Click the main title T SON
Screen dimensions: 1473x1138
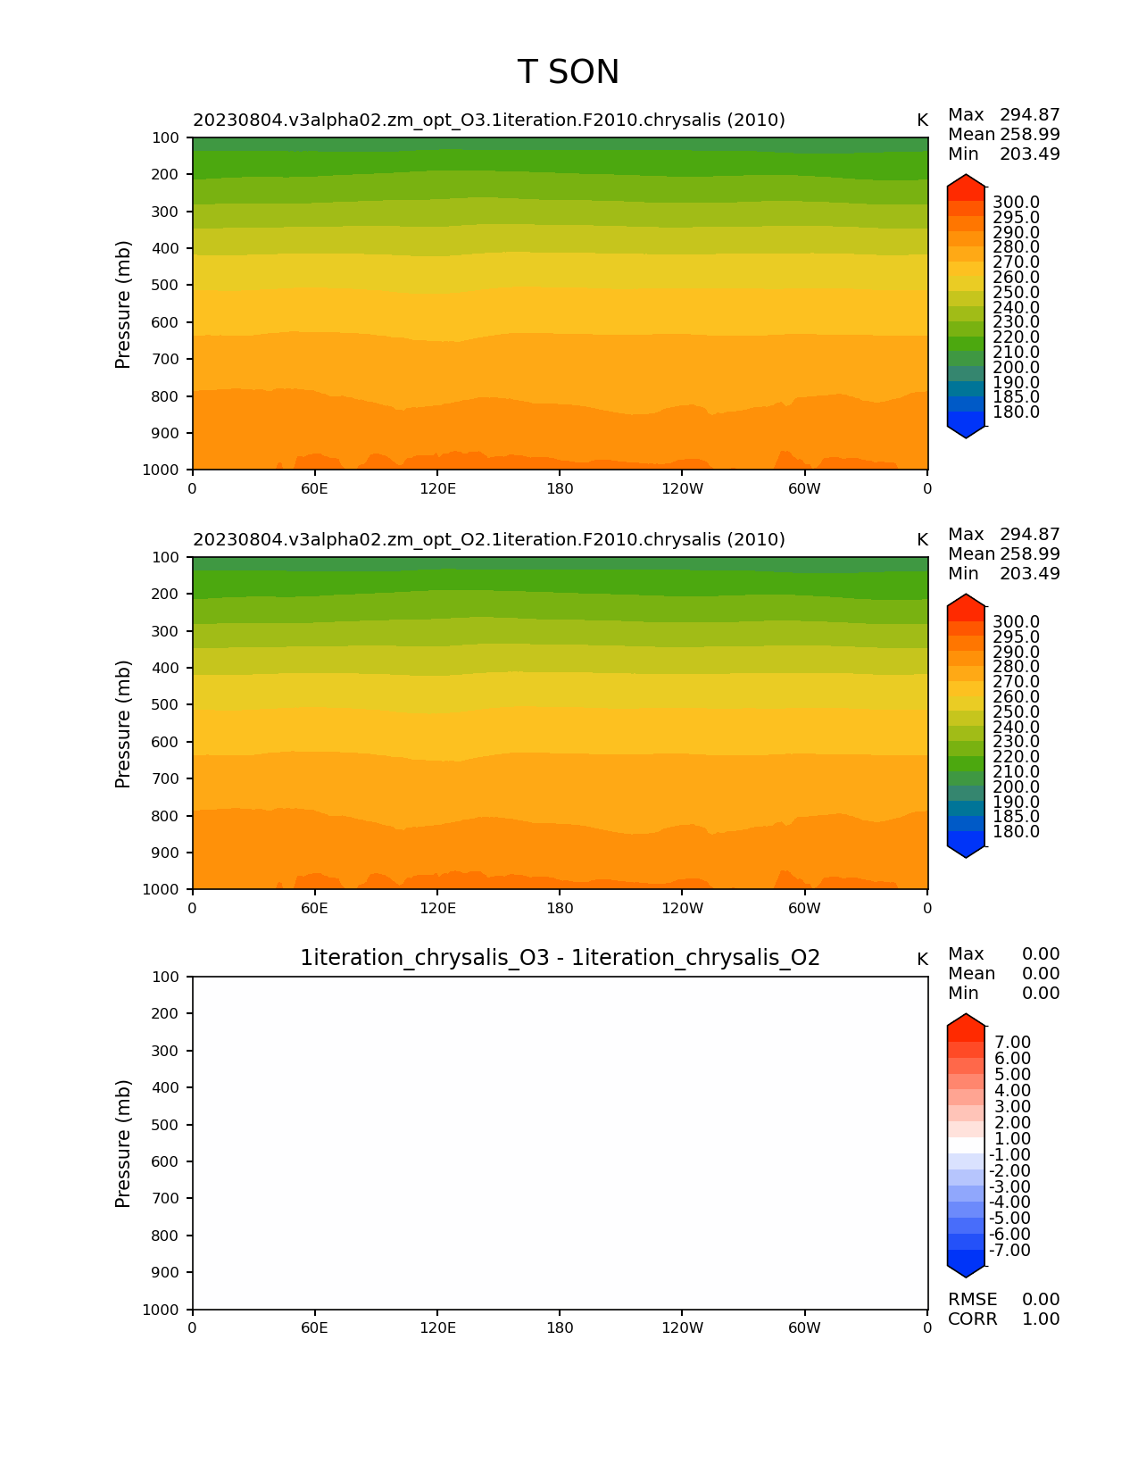tap(568, 72)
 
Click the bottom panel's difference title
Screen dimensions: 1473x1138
tap(560, 958)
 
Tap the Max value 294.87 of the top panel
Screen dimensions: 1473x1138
tap(1029, 115)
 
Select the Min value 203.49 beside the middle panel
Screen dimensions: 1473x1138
tap(1029, 573)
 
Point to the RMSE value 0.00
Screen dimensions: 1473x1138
tap(1041, 1299)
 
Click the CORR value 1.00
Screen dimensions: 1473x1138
tap(1041, 1319)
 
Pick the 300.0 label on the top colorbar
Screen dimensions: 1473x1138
tap(1016, 203)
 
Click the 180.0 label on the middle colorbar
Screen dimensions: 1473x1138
tap(1016, 832)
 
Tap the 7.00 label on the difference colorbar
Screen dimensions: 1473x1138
tap(1012, 1043)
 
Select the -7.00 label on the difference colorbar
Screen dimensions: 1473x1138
tap(1009, 1250)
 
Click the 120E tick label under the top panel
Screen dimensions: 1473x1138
tap(437, 488)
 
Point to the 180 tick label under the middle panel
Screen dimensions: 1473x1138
tap(560, 908)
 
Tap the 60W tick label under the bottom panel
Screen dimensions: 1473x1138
tap(804, 1327)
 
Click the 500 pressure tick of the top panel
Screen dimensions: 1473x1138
tap(165, 285)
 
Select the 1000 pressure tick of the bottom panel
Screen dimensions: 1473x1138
tap(162, 1309)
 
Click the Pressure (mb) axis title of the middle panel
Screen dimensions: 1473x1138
tap(123, 723)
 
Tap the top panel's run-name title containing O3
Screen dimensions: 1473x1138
tap(488, 121)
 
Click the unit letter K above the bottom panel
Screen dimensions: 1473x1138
tap(922, 960)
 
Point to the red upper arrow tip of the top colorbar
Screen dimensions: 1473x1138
tap(966, 182)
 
